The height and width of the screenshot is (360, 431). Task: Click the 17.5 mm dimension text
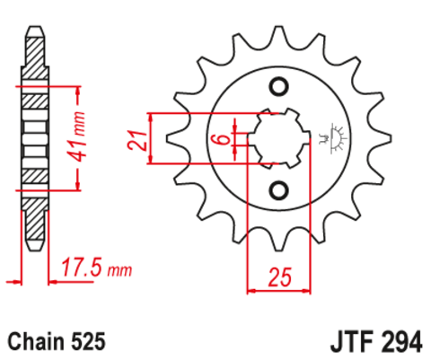(x=95, y=267)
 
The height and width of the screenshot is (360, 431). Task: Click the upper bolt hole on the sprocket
(x=277, y=87)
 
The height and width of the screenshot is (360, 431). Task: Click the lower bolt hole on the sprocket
(x=277, y=191)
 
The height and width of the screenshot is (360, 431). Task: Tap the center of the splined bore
(x=277, y=139)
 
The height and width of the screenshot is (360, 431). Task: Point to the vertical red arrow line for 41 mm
(x=75, y=139)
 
